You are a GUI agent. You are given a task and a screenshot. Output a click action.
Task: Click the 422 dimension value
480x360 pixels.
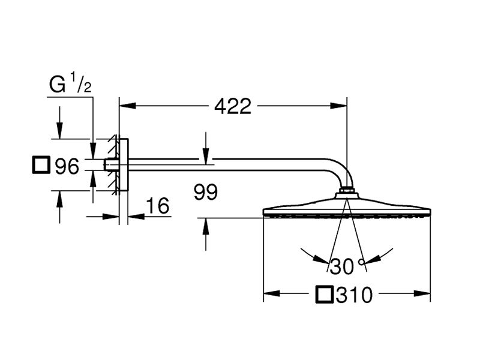tap(233, 106)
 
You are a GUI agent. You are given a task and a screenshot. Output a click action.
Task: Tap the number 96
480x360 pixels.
tap(67, 166)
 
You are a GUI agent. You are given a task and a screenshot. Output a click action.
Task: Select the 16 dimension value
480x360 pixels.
tap(158, 205)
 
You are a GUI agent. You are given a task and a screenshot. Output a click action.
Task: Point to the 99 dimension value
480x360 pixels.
tap(206, 192)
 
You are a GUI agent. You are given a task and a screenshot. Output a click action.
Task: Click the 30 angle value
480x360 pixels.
tap(342, 266)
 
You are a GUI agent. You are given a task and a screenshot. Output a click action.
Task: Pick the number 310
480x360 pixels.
tap(354, 295)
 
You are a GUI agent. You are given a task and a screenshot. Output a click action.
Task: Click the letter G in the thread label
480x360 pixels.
tap(57, 84)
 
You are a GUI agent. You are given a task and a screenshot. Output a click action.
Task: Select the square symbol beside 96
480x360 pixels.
tap(41, 165)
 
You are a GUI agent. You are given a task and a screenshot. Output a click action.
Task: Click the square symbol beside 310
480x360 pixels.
tap(324, 295)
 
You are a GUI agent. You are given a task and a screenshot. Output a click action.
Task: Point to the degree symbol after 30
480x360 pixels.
tap(362, 262)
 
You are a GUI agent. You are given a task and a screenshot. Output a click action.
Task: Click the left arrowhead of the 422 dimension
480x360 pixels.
tap(127, 106)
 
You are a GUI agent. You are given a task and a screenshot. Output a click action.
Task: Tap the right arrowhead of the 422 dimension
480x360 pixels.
tap(339, 106)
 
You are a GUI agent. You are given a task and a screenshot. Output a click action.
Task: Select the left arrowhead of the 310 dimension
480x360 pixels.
tap(272, 293)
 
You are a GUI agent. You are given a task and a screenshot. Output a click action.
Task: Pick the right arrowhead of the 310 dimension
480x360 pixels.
tap(422, 293)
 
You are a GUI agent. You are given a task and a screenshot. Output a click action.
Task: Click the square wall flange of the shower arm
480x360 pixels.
tap(124, 164)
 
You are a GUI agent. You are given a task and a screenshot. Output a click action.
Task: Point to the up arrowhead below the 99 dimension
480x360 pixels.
tap(206, 226)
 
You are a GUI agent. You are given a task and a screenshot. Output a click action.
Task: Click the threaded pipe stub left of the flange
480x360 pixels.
tap(111, 164)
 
